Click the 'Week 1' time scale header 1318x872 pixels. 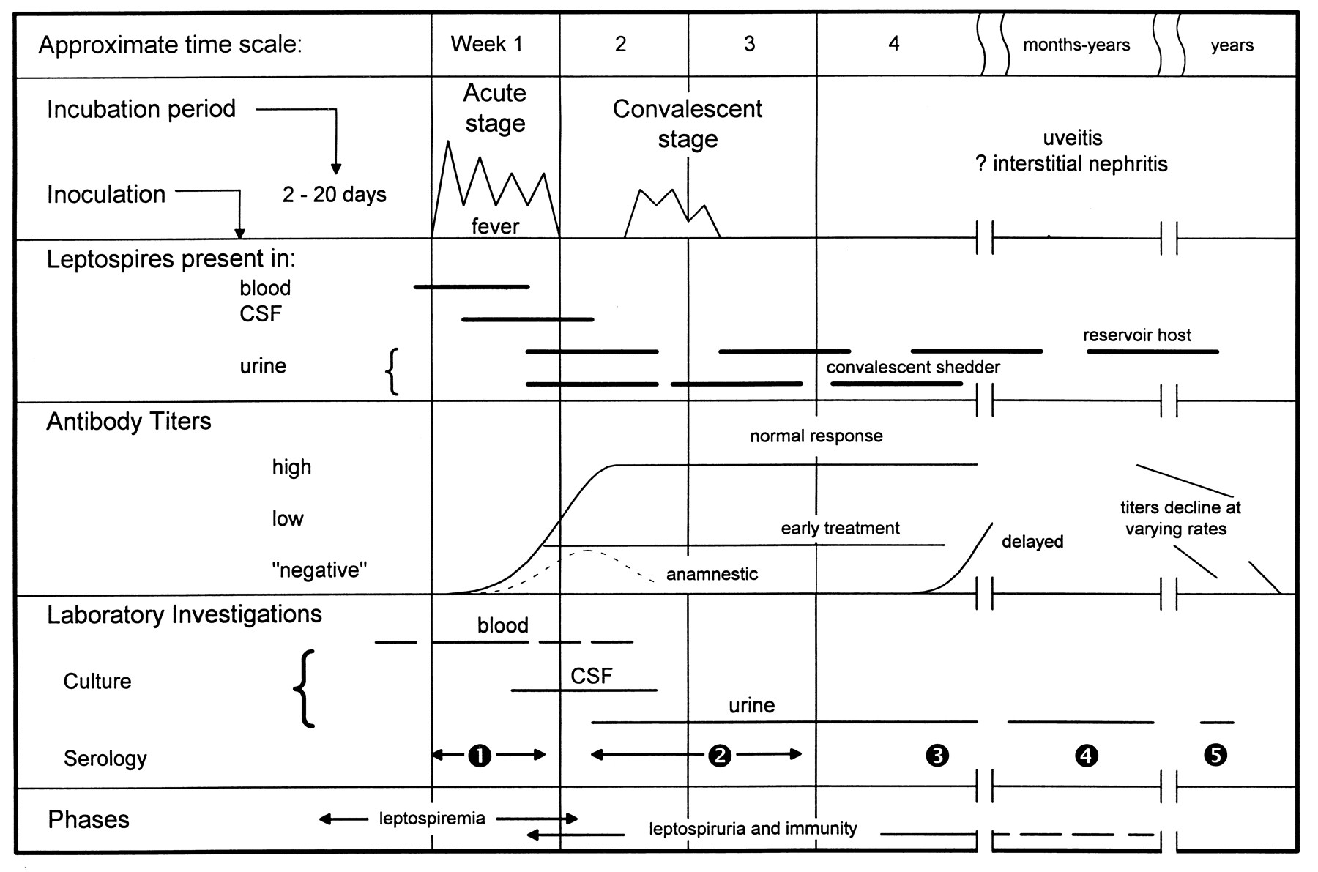coord(487,45)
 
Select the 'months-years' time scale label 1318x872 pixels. coord(1076,45)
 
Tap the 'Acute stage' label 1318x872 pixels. coord(495,108)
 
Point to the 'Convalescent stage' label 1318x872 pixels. coord(688,123)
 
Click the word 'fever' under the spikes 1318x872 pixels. coord(495,226)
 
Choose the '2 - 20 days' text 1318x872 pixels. coord(335,195)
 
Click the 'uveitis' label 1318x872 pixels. coord(1073,138)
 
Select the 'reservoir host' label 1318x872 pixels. coord(1137,335)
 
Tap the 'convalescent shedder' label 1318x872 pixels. coord(913,368)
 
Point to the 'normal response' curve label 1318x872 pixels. coord(816,436)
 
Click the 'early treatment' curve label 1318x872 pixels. coord(841,529)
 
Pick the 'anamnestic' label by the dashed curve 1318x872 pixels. coord(712,574)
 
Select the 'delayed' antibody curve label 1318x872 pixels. coord(1032,542)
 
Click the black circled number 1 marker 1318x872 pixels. coord(480,755)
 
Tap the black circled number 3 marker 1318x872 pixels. coord(937,755)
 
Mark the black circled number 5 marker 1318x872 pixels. coord(1215,755)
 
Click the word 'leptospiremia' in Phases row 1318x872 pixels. coord(432,818)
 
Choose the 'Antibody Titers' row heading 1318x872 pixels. coord(129,422)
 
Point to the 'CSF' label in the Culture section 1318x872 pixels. coord(592,676)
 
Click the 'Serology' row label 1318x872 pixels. coord(105,759)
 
